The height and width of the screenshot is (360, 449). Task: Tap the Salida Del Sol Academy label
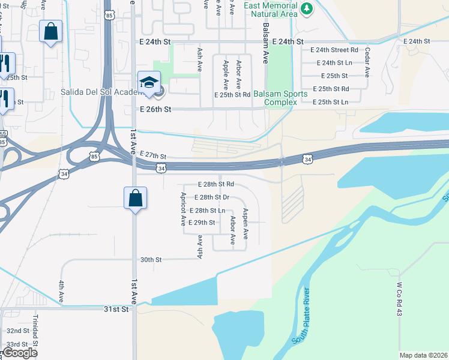(100, 93)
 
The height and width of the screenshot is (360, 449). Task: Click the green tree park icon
(307, 8)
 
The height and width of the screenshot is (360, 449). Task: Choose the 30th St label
(151, 260)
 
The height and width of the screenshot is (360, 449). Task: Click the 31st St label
(116, 309)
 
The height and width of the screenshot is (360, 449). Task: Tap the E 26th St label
(155, 110)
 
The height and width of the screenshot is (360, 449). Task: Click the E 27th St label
(152, 155)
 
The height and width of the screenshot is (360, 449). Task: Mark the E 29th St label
(201, 223)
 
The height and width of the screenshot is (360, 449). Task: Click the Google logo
(20, 353)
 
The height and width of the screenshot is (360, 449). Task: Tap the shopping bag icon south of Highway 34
(135, 197)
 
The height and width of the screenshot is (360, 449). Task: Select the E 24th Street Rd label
(338, 50)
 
